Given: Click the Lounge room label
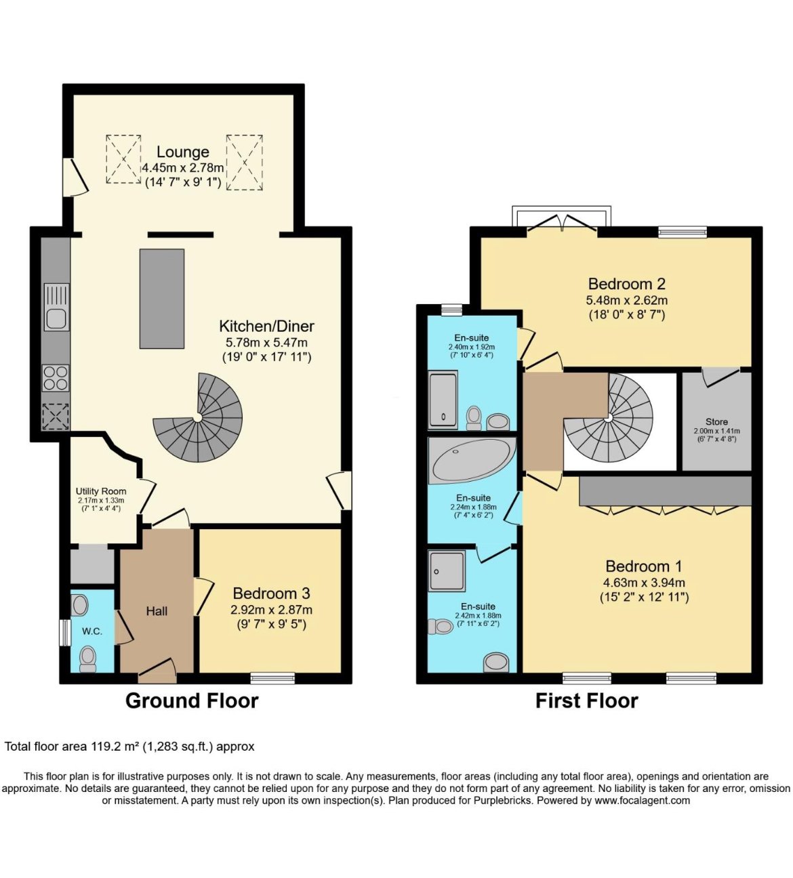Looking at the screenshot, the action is pyautogui.click(x=182, y=152).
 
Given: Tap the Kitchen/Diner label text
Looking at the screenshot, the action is pyautogui.click(x=266, y=326).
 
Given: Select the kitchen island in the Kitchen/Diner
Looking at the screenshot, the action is pyautogui.click(x=161, y=299).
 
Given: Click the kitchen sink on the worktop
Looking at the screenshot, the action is pyautogui.click(x=56, y=307).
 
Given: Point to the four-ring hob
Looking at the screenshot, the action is pyautogui.click(x=56, y=378).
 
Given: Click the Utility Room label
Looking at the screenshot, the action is pyautogui.click(x=101, y=491).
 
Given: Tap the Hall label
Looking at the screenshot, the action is pyautogui.click(x=157, y=610).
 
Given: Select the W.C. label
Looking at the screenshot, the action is pyautogui.click(x=92, y=631).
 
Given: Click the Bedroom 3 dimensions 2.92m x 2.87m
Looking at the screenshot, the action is pyautogui.click(x=272, y=610).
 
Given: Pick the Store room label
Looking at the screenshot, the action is pyautogui.click(x=716, y=422).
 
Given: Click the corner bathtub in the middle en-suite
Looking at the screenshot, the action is pyautogui.click(x=472, y=460).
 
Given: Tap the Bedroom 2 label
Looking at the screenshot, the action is pyautogui.click(x=627, y=284).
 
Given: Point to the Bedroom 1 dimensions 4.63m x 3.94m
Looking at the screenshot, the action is pyautogui.click(x=644, y=583).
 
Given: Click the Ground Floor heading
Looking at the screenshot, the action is pyautogui.click(x=192, y=701).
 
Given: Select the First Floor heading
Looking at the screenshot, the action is pyautogui.click(x=587, y=701).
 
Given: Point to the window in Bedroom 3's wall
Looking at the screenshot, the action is pyautogui.click(x=272, y=678).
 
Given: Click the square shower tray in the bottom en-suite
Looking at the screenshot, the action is pyautogui.click(x=447, y=570).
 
